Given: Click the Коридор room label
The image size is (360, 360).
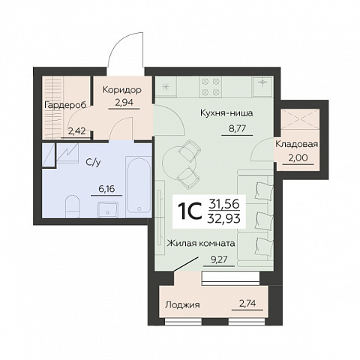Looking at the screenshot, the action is (122, 90).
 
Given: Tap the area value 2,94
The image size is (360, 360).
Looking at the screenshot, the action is (124, 103).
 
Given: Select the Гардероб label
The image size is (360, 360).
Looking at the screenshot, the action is (65, 105).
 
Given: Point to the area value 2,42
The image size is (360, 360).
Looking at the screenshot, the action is (76, 131).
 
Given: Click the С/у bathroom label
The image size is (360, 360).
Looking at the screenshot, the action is (93, 163).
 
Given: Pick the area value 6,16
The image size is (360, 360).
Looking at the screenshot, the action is (106, 189).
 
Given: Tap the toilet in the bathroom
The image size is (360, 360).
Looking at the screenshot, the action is (72, 206).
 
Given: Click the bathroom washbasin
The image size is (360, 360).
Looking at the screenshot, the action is (108, 209).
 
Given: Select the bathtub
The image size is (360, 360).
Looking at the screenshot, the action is (139, 187).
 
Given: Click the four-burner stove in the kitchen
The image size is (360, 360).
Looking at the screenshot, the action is (211, 87).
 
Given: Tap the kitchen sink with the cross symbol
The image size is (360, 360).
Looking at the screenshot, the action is (262, 86).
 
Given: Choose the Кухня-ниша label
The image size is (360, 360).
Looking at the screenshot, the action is (226, 113).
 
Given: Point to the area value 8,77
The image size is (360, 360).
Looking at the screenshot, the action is (237, 129).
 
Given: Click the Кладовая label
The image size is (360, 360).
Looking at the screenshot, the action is (297, 144).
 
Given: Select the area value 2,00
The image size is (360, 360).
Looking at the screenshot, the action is (298, 158).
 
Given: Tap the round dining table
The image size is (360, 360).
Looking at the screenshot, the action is (179, 162).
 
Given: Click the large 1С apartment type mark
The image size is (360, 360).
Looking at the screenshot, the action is (190, 212).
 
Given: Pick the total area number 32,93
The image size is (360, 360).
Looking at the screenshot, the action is (224, 219).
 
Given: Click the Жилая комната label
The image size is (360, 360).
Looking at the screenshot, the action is (201, 243).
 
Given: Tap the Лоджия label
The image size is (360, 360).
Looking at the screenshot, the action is (183, 304).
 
